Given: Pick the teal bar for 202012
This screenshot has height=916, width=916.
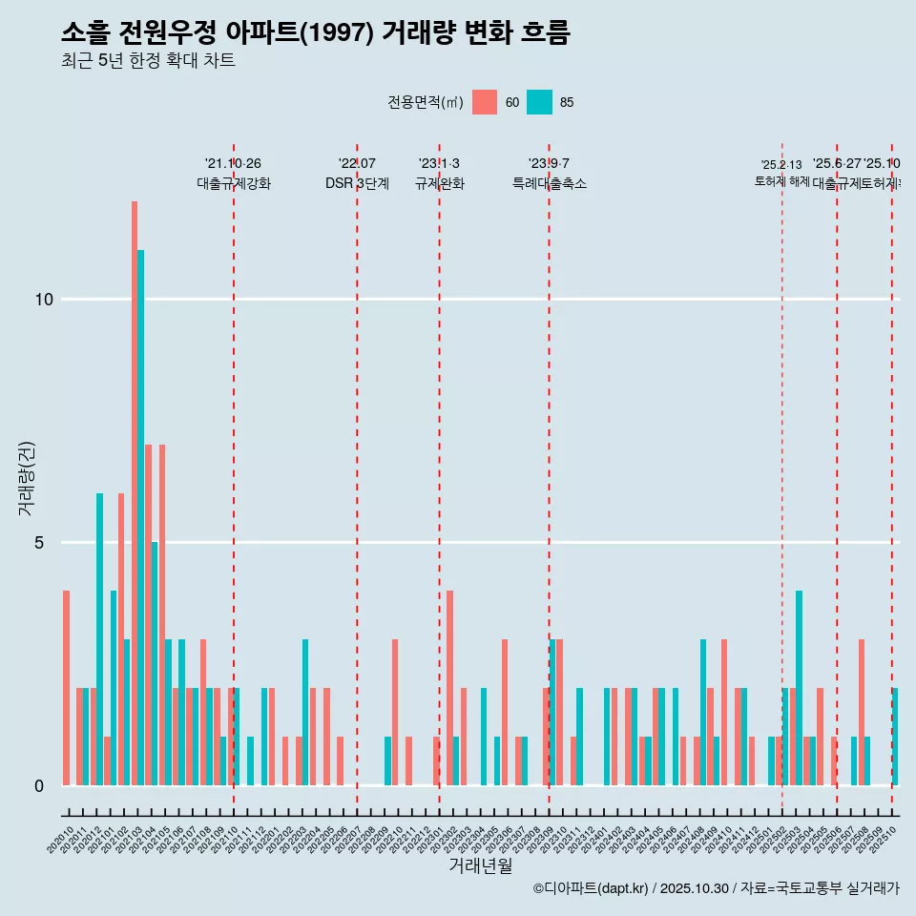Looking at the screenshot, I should point(99,639).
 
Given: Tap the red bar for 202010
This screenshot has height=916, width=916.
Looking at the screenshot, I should point(66,688).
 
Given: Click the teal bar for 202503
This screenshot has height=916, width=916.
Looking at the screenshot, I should point(800,688).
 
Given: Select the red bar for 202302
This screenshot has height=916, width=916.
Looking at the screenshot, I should point(449,688).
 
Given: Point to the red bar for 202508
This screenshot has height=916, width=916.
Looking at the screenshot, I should point(861,712).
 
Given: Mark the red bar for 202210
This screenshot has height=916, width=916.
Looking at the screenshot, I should point(395,712).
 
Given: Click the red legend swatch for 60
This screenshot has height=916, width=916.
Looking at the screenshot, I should point(485,102).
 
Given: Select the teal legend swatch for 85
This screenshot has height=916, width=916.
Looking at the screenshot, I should point(539,102).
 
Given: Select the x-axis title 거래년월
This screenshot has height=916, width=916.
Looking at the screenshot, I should point(480,865).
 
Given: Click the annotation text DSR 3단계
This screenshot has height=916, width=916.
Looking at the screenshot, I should point(357,184).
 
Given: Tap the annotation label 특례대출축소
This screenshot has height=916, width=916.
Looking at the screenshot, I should point(549,184).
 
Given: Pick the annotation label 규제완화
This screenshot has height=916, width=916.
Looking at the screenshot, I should point(439,184).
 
